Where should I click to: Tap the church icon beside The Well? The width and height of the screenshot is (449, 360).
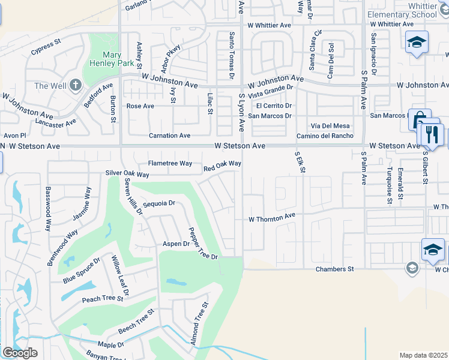(x=76, y=86)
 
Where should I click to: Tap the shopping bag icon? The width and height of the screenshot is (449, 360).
(x=419, y=119)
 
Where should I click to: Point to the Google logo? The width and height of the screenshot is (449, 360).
(x=19, y=353)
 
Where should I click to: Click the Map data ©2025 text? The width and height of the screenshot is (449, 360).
(x=423, y=355)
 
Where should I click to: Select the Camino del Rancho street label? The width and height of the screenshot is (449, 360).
(x=324, y=136)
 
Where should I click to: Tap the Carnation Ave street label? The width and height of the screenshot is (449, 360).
(x=169, y=136)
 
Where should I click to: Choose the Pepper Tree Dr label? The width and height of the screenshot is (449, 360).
(x=202, y=243)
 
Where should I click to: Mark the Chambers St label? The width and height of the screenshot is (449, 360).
(x=335, y=269)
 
